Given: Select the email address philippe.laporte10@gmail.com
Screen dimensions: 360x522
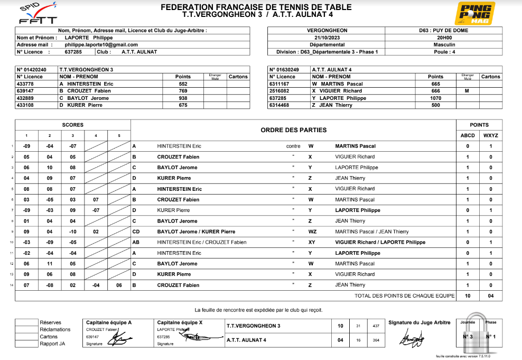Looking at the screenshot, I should pos(101,45).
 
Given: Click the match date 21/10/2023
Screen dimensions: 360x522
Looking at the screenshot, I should pos(327,38).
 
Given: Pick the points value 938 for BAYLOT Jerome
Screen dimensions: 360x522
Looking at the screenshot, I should pos(183,98).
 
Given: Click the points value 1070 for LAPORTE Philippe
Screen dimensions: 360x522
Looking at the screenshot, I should pos(435,98).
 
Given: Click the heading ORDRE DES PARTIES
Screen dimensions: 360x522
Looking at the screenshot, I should pos(293,130).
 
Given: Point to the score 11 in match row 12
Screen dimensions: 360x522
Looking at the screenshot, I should pos(49,264).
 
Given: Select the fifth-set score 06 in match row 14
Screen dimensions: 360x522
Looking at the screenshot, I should pos(119,285).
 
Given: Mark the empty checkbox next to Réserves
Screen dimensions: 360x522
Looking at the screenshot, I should pos(26,322).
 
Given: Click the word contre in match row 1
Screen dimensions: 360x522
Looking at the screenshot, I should pos(293,146).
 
